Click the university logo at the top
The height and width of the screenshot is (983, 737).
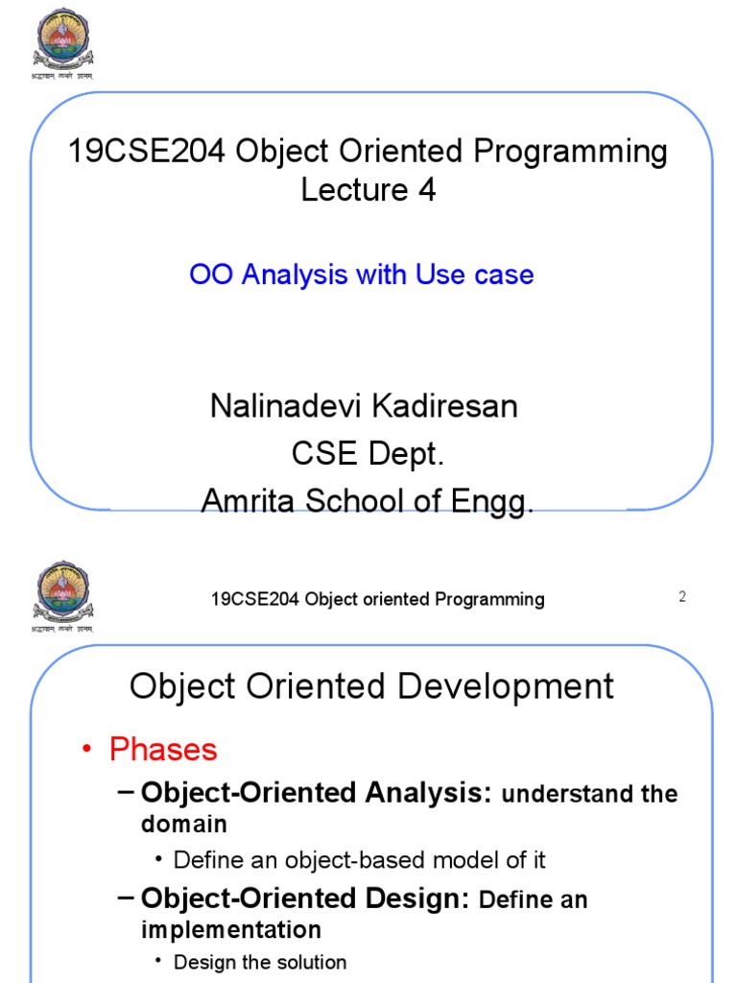65,38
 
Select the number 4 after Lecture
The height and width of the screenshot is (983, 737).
426,190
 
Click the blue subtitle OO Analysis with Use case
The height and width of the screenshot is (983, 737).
362,275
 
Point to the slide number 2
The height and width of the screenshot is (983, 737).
682,596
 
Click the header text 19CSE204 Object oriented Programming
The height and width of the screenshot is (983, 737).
377,599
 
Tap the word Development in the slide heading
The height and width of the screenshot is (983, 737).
511,686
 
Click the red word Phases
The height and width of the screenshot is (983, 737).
164,750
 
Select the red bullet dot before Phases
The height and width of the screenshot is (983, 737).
87,751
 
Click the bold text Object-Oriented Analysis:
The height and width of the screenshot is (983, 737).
317,793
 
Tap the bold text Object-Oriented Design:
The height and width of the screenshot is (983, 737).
304,899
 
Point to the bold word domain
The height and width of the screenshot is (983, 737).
184,824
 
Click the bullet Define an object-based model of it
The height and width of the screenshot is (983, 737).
359,860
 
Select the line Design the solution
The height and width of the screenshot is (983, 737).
259,962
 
